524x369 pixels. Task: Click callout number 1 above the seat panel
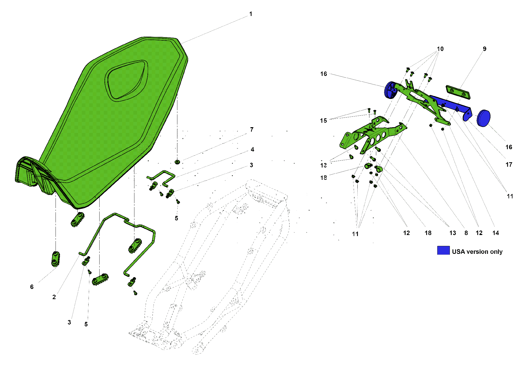[251, 14]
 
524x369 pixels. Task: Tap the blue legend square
[443, 250]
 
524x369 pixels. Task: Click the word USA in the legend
[458, 252]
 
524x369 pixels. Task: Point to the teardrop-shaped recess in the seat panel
[126, 80]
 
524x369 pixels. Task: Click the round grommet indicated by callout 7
[177, 162]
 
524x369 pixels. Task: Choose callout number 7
[252, 130]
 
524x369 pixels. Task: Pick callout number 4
[252, 149]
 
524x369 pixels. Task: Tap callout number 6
[32, 287]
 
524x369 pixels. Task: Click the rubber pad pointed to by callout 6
[55, 259]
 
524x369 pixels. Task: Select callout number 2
[54, 297]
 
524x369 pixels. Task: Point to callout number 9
[484, 49]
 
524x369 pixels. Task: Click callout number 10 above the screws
[440, 49]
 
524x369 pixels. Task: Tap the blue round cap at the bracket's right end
[483, 118]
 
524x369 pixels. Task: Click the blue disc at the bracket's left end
[390, 90]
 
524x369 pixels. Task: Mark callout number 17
[509, 165]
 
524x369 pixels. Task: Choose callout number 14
[495, 233]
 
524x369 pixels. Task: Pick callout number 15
[323, 121]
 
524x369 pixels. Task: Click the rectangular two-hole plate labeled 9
[458, 92]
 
